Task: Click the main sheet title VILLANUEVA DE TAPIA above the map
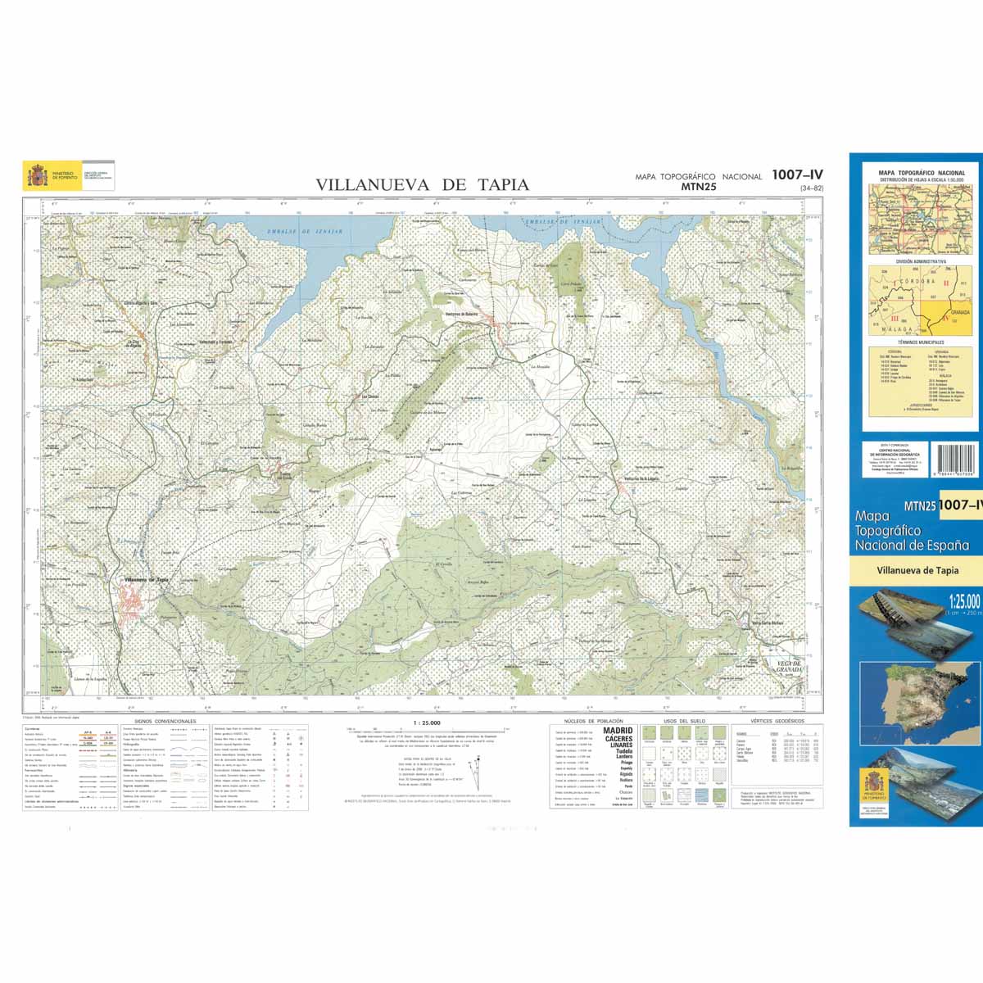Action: pyautogui.click(x=422, y=185)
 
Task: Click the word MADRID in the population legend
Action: pyautogui.click(x=618, y=731)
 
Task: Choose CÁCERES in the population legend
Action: pyautogui.click(x=618, y=740)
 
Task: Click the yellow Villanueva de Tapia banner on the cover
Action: pyautogui.click(x=917, y=571)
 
